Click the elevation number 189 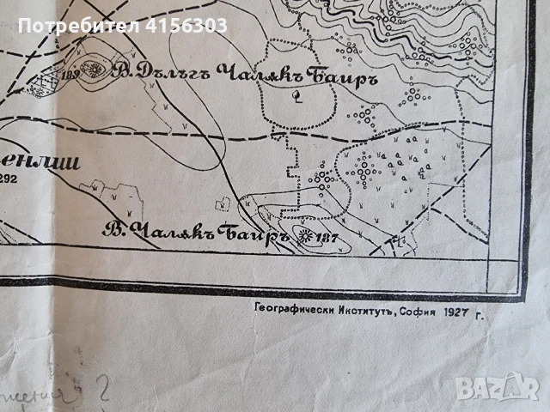tap(71, 77)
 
